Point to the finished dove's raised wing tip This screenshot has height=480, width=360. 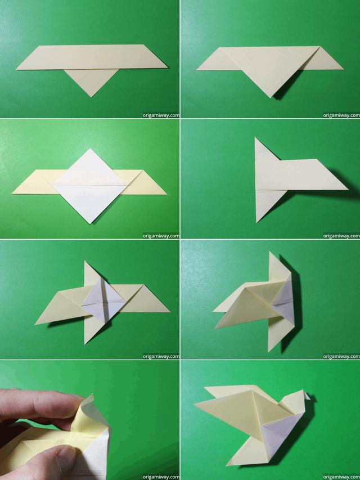tap(196, 403)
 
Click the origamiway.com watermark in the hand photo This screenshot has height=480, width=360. tap(161, 475)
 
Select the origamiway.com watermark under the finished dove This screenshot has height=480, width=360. tap(341, 475)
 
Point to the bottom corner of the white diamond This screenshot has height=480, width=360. tap(91, 223)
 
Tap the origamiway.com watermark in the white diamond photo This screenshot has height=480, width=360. tap(161, 236)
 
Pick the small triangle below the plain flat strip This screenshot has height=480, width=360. tap(92, 82)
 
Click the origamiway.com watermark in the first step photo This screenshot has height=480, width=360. tap(161, 115)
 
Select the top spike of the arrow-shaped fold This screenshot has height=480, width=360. tap(256, 140)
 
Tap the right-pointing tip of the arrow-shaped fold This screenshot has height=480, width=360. tap(346, 188)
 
